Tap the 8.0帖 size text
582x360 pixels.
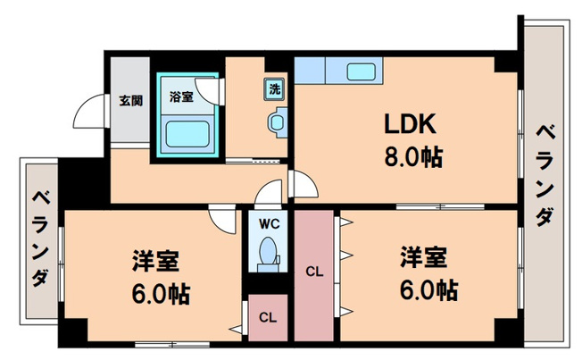413,160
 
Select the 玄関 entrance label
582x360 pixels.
131,100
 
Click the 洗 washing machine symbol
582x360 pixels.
275,88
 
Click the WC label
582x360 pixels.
270,223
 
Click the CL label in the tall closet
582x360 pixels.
315,270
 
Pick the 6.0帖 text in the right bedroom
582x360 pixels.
427,289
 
